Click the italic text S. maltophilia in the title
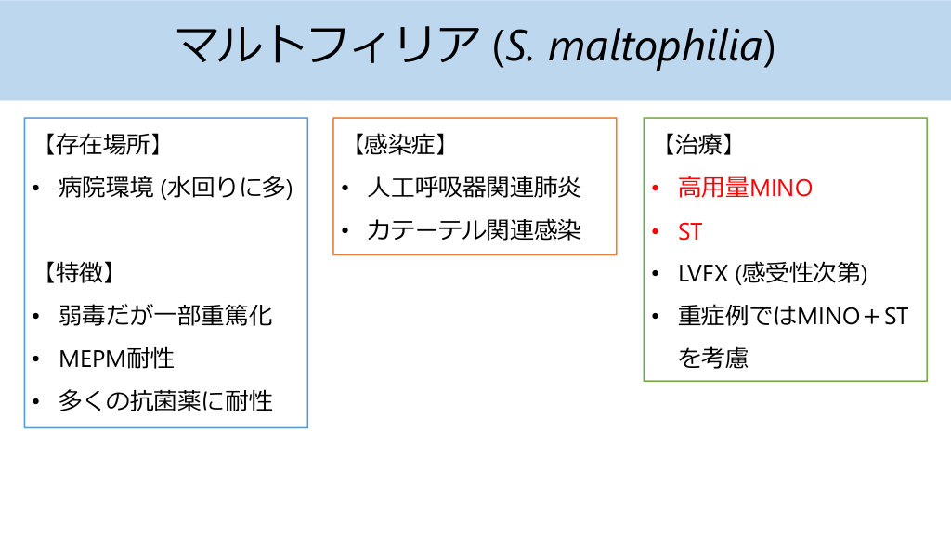pos(633,46)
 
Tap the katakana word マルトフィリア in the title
pos(328,45)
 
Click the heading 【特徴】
pos(79,273)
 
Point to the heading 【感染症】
pos(400,145)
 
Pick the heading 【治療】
pos(698,145)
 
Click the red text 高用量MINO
pos(746,188)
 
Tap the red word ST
pos(690,231)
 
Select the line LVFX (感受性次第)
pos(773,274)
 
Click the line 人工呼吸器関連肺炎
pos(474,188)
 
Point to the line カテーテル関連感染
pos(474,230)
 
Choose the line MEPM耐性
pos(116,359)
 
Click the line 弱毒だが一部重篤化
pos(165,316)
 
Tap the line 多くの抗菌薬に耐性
pos(165,401)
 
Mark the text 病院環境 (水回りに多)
pos(176,188)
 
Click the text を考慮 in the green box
pos(713,359)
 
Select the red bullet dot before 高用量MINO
pos(656,189)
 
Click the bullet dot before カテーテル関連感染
pos(345,231)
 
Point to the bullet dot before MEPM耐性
pos(36,359)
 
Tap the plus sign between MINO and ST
pos(873,317)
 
